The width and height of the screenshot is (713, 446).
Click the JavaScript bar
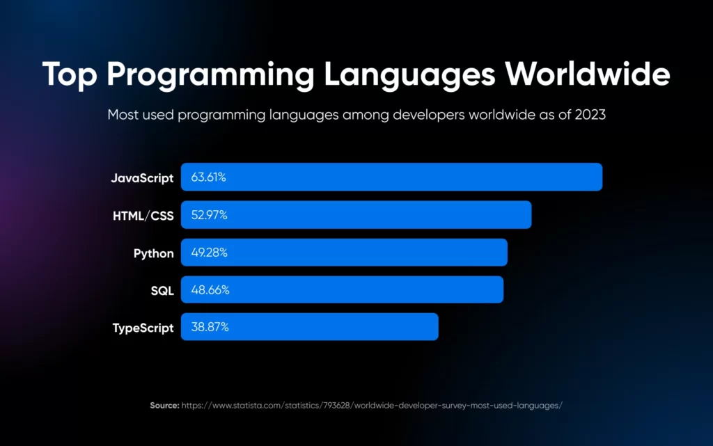pos(391,177)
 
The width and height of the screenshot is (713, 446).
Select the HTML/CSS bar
pos(356,215)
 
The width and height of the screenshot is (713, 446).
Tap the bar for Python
pos(344,253)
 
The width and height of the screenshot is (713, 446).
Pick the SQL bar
pos(342,289)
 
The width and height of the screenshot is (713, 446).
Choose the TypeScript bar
pos(309,327)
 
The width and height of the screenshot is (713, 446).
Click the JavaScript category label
pos(142,177)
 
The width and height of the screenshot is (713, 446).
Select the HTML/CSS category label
pos(143,216)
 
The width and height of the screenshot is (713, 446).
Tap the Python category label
pos(153,253)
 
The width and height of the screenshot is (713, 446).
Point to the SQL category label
pos(162,290)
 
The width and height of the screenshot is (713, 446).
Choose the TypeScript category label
pos(143,328)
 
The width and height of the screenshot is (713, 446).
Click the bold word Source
pos(164,405)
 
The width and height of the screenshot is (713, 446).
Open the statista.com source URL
pos(372,405)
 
